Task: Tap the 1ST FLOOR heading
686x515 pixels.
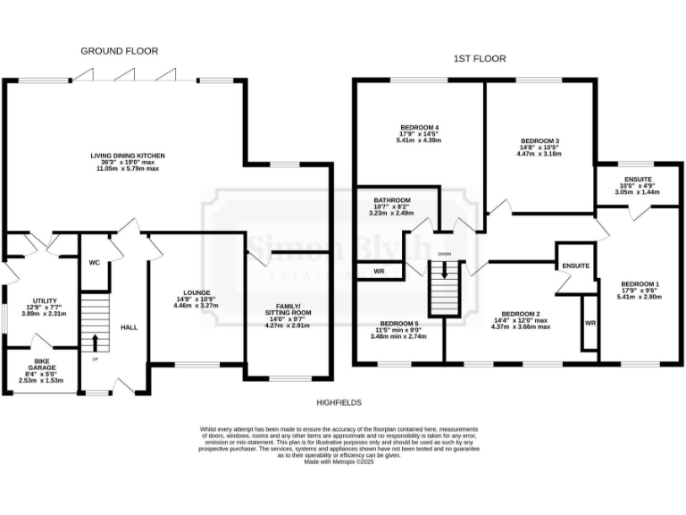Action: tap(479, 58)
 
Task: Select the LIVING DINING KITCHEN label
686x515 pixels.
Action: tap(127, 156)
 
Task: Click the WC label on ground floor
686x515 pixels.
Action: tap(94, 263)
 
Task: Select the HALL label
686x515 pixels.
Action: tap(129, 327)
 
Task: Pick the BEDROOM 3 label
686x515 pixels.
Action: tap(539, 141)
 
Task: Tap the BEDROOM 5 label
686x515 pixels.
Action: tap(398, 323)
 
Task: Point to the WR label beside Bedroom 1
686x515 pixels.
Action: tap(590, 323)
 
